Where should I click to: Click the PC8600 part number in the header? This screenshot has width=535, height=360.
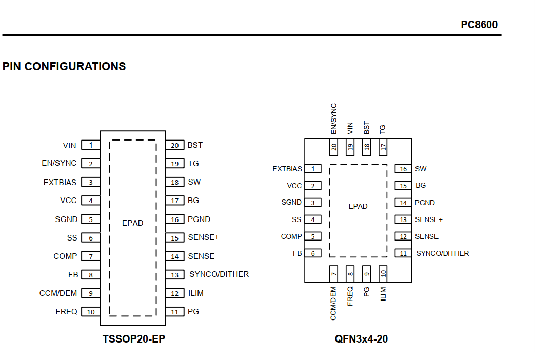[x=479, y=25]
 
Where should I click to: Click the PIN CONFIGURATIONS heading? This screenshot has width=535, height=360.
[x=64, y=66]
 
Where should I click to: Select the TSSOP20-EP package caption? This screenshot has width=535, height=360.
[x=134, y=339]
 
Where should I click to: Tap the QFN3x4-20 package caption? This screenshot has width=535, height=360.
[x=361, y=339]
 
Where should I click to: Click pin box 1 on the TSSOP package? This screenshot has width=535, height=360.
[x=91, y=145]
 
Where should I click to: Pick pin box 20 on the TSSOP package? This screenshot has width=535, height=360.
[x=175, y=145]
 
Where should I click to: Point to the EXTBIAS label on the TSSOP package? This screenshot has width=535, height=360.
[x=60, y=183]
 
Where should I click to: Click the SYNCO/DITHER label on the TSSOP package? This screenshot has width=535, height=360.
[x=219, y=274]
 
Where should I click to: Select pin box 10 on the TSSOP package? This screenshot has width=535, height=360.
[x=91, y=312]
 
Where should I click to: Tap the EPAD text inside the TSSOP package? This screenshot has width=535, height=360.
[x=133, y=223]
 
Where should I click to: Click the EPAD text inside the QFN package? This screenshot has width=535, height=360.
[x=358, y=206]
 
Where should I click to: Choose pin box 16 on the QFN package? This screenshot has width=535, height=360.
[x=403, y=169]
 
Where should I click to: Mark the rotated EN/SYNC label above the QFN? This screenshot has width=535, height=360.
[x=334, y=119]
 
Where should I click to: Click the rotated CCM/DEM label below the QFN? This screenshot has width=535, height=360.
[x=333, y=304]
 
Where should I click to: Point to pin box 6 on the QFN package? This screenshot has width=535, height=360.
[x=313, y=253]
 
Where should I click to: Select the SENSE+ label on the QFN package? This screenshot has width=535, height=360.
[x=428, y=220]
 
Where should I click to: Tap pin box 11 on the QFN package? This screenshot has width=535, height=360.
[x=403, y=253]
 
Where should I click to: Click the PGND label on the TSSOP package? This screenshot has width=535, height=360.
[x=199, y=219]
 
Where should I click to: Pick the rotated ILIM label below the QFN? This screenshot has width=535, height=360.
[x=383, y=294]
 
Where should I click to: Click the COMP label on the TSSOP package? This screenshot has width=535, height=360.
[x=65, y=256]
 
